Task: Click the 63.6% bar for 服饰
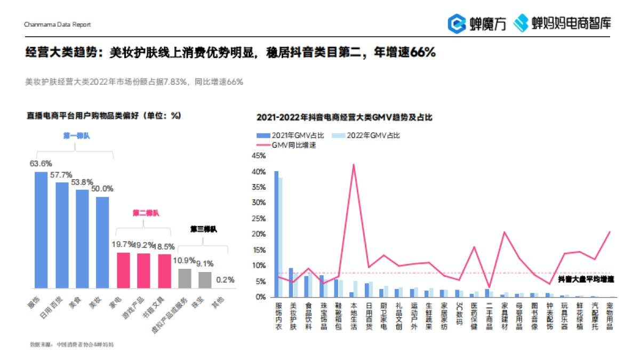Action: [41, 229]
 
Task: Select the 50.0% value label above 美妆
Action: [102, 188]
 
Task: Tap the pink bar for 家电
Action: [123, 269]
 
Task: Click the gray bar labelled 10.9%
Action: [185, 278]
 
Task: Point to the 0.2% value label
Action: [225, 279]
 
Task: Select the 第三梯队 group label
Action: [203, 229]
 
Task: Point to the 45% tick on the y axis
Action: [259, 156]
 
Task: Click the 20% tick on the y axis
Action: [259, 234]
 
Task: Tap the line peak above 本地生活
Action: [353, 164]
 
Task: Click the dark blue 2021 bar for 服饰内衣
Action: [276, 234]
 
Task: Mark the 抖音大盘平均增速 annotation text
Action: [586, 279]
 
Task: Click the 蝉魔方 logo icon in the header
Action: [457, 23]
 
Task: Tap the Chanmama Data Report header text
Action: [58, 25]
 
